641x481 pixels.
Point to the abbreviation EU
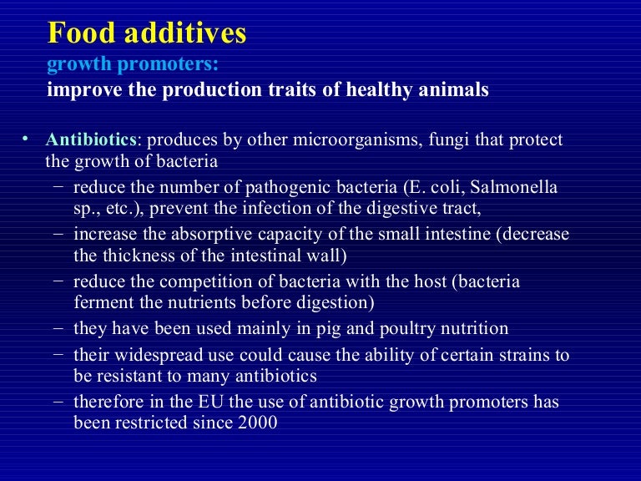[x=207, y=403]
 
